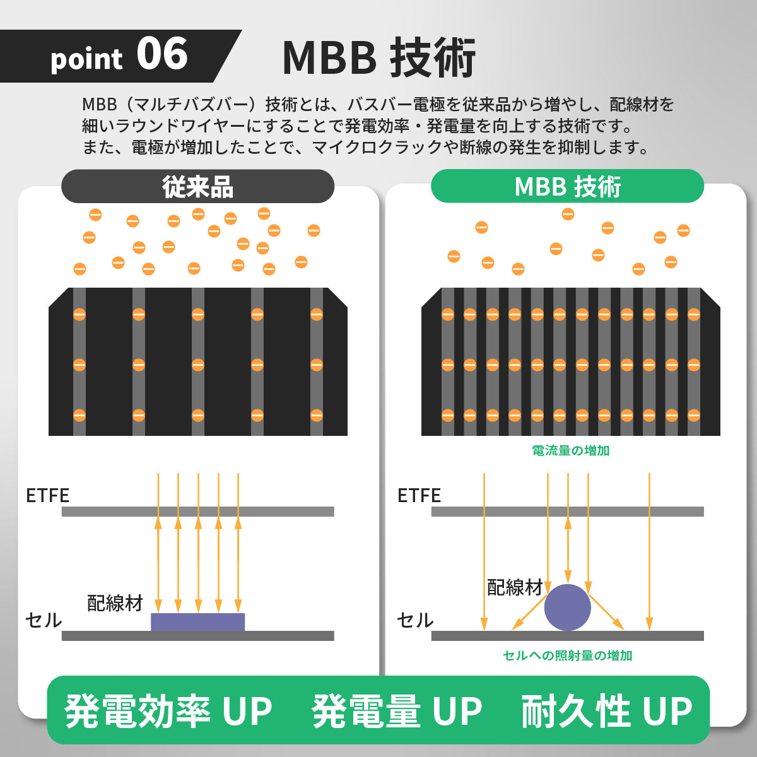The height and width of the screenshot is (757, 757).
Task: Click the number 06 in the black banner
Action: tap(162, 54)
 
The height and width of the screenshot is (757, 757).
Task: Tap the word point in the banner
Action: tap(86, 60)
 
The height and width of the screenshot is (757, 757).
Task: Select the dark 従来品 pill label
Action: tap(197, 187)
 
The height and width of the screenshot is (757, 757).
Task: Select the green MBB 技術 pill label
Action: tap(567, 186)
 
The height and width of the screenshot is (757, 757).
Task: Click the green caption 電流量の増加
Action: tap(570, 450)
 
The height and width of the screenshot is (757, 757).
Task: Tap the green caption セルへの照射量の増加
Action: tap(567, 655)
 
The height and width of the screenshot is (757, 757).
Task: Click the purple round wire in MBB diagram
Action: tap(567, 607)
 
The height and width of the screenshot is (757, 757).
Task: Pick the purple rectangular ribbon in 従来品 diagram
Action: tap(197, 622)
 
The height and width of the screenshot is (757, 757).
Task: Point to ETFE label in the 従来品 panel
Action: tap(47, 496)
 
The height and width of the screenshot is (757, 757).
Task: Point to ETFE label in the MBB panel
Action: tap(419, 496)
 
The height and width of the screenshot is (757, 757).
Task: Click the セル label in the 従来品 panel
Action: tap(44, 621)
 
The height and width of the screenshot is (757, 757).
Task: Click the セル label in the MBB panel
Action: tap(415, 621)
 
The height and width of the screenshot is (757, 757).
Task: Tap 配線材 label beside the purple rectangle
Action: tap(115, 603)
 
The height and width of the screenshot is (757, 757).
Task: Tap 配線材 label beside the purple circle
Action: tap(515, 587)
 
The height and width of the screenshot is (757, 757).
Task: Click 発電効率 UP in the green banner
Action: tap(168, 711)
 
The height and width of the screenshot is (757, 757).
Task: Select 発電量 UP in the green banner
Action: tap(397, 711)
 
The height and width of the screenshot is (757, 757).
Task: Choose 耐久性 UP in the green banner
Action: tap(607, 711)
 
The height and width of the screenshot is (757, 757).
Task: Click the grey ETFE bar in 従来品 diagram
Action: tap(197, 512)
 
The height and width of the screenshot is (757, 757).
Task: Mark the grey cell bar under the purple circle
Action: tap(567, 636)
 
